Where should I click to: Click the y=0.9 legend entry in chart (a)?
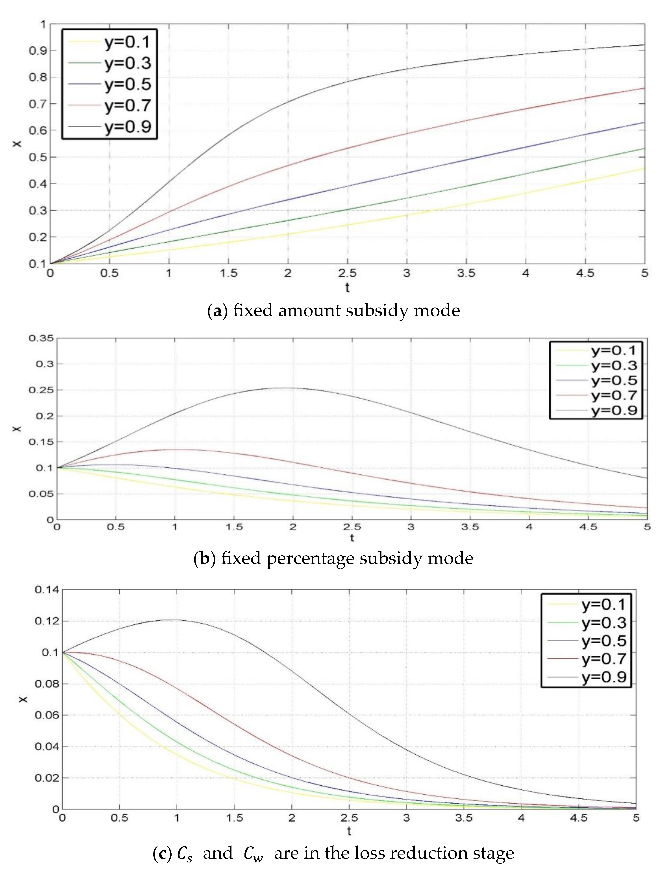point(127,126)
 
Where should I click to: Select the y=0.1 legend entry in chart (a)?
point(127,42)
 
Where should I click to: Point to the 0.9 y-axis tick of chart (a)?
point(37,50)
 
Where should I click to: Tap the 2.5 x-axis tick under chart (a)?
point(347,273)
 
